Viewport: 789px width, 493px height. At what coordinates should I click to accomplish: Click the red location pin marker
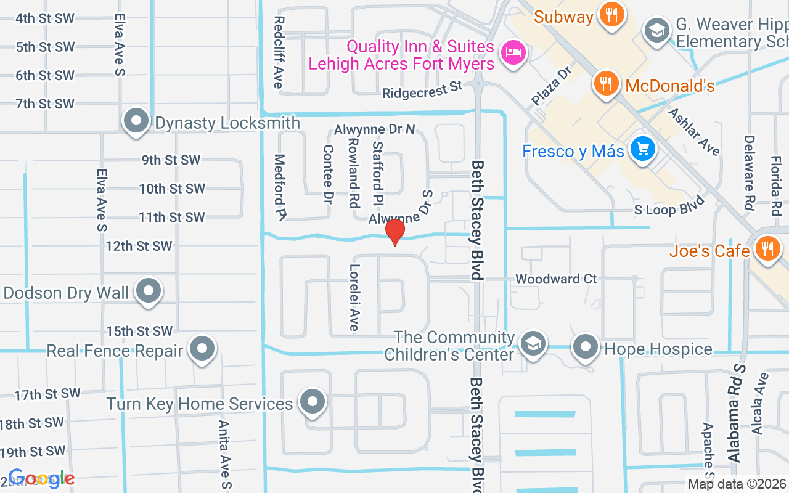[x=394, y=232]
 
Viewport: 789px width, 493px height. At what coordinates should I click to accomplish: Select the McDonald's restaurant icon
[x=607, y=84]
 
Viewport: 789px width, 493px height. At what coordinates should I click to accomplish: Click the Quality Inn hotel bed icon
[x=512, y=52]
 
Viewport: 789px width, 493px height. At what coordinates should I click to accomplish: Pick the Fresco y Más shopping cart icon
[x=642, y=149]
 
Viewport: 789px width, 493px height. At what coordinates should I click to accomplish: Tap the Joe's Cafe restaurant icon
[x=767, y=249]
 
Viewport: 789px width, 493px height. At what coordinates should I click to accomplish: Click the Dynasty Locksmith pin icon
[x=136, y=121]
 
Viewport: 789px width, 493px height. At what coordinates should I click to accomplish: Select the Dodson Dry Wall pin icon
[x=148, y=291]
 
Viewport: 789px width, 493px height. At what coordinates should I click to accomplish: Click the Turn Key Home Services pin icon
[x=312, y=402]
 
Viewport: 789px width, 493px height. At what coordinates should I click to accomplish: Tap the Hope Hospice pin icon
[x=585, y=348]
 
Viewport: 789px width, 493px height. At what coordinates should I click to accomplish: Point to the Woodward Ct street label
[x=556, y=279]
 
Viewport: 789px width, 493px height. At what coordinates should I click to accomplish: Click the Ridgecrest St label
[x=422, y=90]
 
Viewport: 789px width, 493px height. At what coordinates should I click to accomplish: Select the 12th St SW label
[x=139, y=246]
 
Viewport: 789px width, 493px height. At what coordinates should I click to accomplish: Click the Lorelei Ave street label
[x=354, y=298]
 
